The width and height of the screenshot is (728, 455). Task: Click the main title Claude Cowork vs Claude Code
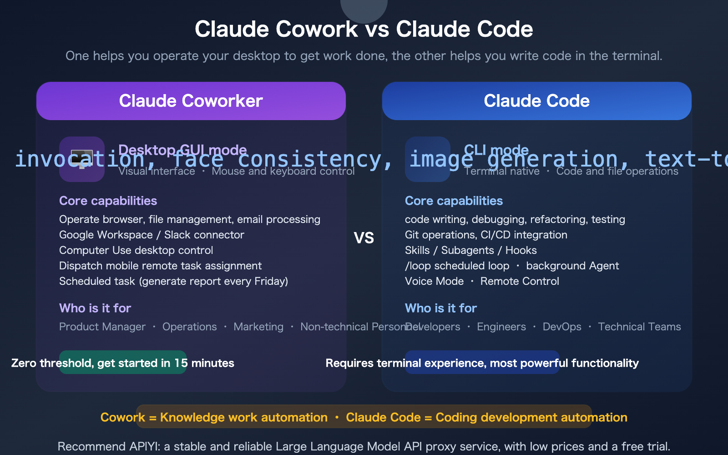pyautogui.click(x=364, y=29)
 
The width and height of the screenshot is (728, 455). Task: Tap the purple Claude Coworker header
pyautogui.click(x=191, y=101)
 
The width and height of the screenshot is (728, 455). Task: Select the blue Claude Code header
pyautogui.click(x=536, y=101)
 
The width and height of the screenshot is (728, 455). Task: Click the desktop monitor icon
pyautogui.click(x=82, y=159)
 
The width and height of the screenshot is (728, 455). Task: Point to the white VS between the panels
pyautogui.click(x=364, y=238)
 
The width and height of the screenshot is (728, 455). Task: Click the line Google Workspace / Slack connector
pyautogui.click(x=152, y=235)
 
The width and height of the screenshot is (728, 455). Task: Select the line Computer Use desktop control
pyautogui.click(x=136, y=250)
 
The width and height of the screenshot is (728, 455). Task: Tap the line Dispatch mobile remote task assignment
pyautogui.click(x=160, y=266)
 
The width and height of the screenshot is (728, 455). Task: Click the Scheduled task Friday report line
pyautogui.click(x=173, y=281)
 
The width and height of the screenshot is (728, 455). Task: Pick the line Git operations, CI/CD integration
pyautogui.click(x=486, y=235)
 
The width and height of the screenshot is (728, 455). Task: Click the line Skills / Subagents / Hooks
pyautogui.click(x=470, y=250)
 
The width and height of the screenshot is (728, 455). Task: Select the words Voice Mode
pyautogui.click(x=434, y=281)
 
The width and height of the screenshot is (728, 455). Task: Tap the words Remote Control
pyautogui.click(x=520, y=281)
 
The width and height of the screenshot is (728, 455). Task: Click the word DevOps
pyautogui.click(x=562, y=327)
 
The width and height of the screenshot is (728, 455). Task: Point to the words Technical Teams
pyautogui.click(x=639, y=327)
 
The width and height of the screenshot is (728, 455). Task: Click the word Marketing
pyautogui.click(x=258, y=327)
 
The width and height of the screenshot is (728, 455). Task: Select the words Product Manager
pyautogui.click(x=102, y=327)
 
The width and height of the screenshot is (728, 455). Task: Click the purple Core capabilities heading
pyautogui.click(x=108, y=201)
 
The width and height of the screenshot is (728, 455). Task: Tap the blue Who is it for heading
pyautogui.click(x=440, y=308)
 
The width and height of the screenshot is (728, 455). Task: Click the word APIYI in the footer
pyautogui.click(x=144, y=446)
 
